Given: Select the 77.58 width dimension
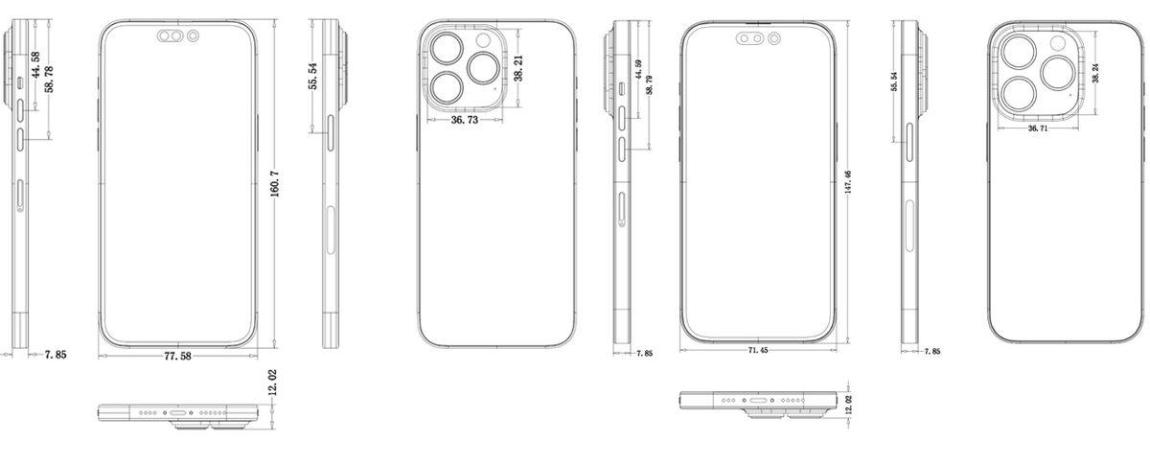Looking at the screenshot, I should click(x=177, y=356).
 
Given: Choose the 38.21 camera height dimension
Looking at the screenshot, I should click(x=518, y=67).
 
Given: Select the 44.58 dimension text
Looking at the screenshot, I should click(x=35, y=69).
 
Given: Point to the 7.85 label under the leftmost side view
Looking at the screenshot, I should click(x=56, y=356).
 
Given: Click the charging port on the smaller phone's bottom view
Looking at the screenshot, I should click(x=761, y=400).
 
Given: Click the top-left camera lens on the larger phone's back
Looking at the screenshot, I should click(x=447, y=48).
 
